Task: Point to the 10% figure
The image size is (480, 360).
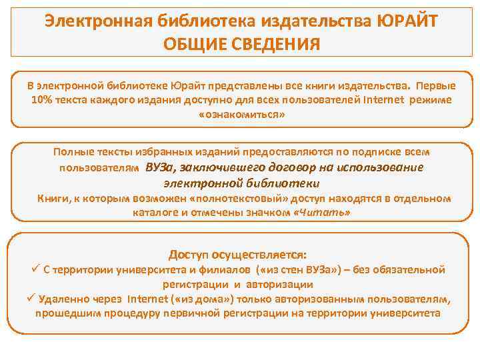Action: pyautogui.click(x=42, y=99)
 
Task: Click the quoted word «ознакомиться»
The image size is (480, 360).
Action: pyautogui.click(x=241, y=114)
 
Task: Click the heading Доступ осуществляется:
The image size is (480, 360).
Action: pyautogui.click(x=238, y=255)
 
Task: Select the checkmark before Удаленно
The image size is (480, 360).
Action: pyautogui.click(x=31, y=298)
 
